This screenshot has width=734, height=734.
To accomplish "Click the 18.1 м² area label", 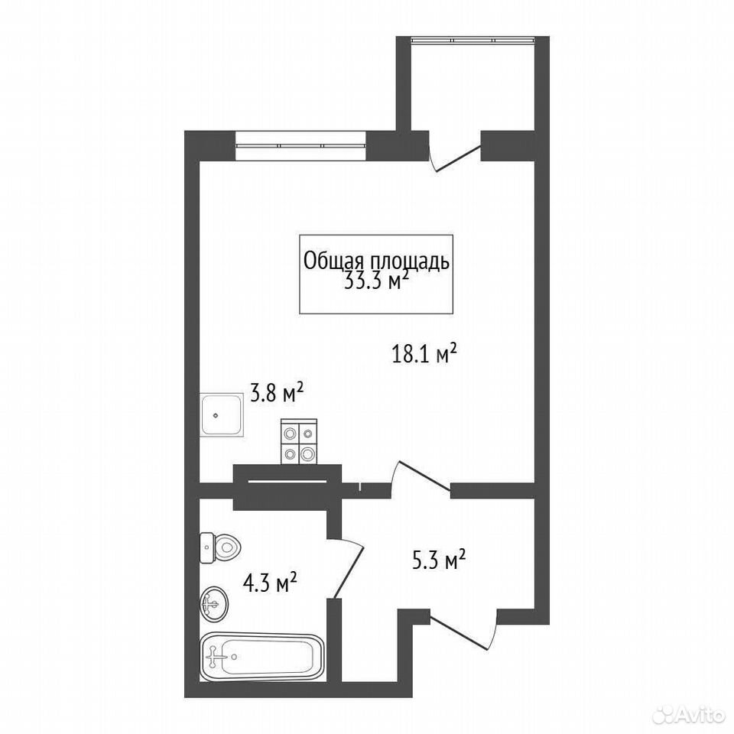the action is (x=424, y=354).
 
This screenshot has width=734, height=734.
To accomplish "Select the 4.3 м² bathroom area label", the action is (x=270, y=583).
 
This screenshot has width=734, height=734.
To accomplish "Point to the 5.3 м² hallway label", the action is (x=439, y=560).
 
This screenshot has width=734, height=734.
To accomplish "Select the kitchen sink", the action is (x=222, y=414).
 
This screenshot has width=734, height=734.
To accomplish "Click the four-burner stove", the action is (x=299, y=441).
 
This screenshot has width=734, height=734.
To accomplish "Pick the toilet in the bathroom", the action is (x=219, y=547).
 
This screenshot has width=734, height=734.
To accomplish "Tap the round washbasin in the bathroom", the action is (x=214, y=604).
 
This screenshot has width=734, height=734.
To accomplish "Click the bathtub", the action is (x=261, y=657).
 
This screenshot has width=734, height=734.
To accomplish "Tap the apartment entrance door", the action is (x=463, y=630).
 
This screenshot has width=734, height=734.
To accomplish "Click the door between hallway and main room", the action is (x=420, y=477).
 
